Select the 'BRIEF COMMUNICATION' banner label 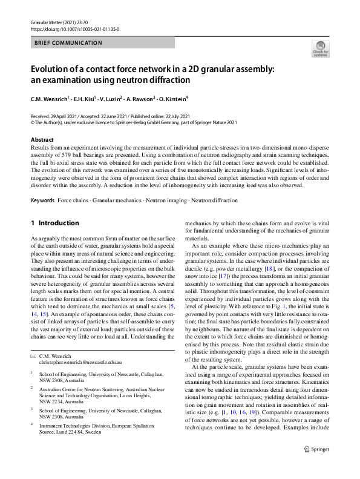pyautogui.click(x=68, y=43)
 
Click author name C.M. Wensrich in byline pyautogui.click(x=52, y=98)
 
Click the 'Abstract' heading pyautogui.click(x=41, y=139)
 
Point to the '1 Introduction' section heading pyautogui.click(x=58, y=223)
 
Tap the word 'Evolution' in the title pyautogui.click(x=54, y=69)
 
